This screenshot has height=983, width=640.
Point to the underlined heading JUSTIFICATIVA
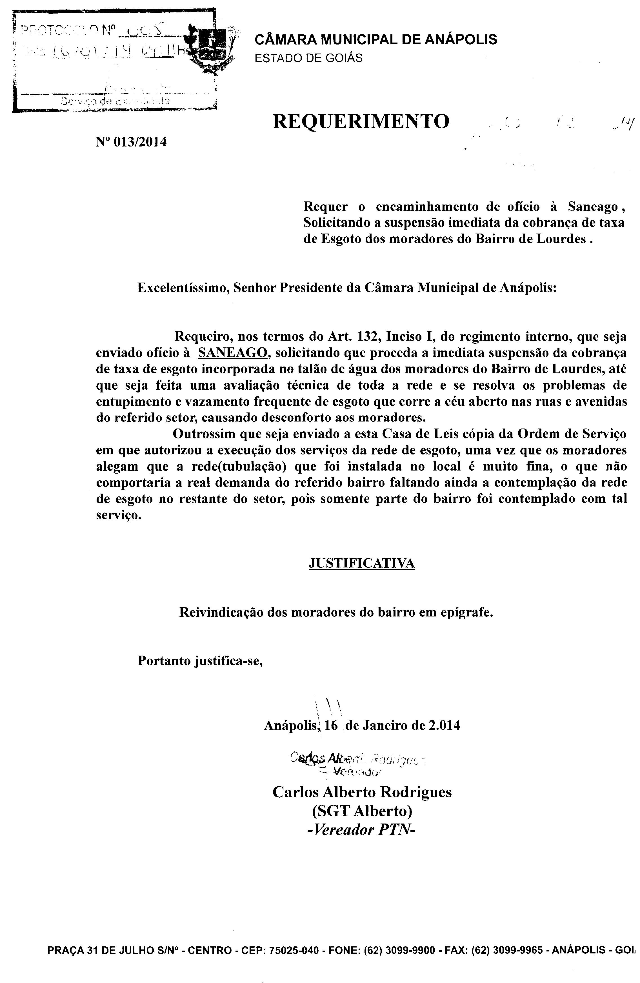click(x=361, y=563)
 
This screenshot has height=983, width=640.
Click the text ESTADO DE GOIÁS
click(x=308, y=58)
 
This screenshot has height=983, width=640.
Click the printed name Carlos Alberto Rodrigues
click(x=362, y=792)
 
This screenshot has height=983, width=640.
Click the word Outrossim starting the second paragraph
click(x=201, y=434)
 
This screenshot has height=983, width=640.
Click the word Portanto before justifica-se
click(x=163, y=661)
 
